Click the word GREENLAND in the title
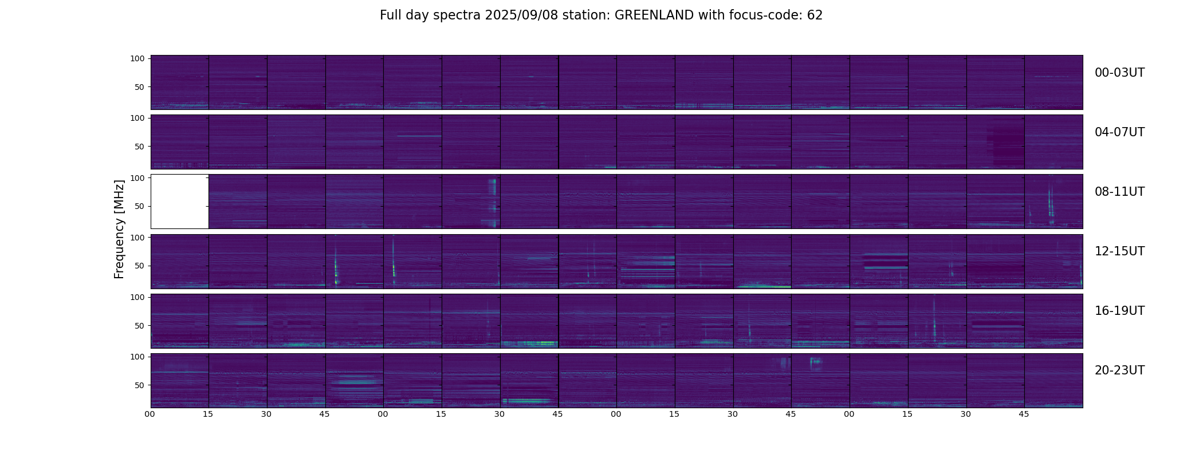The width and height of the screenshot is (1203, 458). click(x=654, y=15)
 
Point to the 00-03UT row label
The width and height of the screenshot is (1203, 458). click(x=1119, y=73)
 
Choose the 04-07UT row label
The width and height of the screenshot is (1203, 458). click(x=1119, y=132)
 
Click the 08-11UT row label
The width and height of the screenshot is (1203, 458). click(x=1119, y=192)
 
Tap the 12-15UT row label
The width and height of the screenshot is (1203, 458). click(x=1119, y=251)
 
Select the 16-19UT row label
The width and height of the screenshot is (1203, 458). click(x=1119, y=311)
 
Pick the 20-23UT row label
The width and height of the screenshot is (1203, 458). click(x=1119, y=370)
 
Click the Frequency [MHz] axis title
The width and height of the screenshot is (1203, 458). click(x=119, y=229)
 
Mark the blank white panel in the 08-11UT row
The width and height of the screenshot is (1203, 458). click(x=179, y=202)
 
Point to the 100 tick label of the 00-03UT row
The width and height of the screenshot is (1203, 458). click(x=137, y=58)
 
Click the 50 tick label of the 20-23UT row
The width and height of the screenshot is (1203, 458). click(x=139, y=385)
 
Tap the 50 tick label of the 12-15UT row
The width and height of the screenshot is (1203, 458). click(x=139, y=266)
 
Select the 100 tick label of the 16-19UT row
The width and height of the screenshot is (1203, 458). click(x=137, y=297)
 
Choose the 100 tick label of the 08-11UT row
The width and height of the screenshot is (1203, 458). click(x=137, y=178)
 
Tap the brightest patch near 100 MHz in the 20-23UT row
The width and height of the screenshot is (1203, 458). click(x=815, y=361)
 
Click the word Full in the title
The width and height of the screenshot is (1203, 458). click(x=391, y=15)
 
